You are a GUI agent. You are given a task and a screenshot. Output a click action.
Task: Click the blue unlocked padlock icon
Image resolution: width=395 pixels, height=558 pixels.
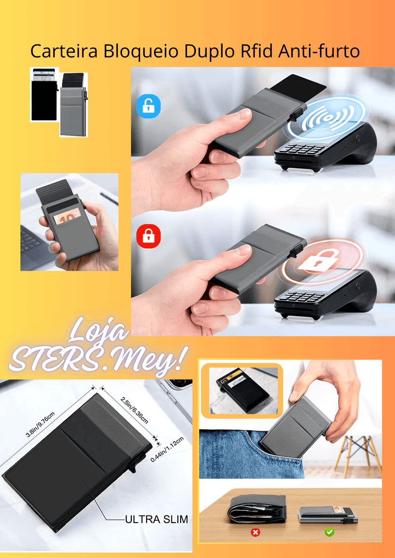tap(148, 106)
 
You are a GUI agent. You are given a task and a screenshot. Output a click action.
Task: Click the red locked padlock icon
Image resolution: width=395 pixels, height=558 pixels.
tap(148, 236)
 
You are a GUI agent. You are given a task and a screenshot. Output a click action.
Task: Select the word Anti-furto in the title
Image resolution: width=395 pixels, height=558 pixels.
tap(319, 51)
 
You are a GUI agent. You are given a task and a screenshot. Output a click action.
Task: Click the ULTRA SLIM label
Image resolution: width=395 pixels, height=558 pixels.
tap(157, 519)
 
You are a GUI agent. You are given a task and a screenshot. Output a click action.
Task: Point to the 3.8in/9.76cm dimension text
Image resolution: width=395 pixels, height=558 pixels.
tap(40, 424)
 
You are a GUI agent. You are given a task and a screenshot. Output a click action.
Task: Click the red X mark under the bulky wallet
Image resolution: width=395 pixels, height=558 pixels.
tap(255, 532)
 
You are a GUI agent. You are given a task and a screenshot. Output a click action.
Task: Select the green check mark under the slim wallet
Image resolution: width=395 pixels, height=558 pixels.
tap(329, 532)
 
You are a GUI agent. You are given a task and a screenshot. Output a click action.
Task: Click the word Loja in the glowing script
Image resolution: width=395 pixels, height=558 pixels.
tap(99, 330)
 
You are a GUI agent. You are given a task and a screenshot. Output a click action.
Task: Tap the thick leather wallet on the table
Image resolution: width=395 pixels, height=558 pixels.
tap(257, 509)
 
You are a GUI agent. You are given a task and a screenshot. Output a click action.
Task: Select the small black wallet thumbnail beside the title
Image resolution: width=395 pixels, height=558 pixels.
tap(44, 94)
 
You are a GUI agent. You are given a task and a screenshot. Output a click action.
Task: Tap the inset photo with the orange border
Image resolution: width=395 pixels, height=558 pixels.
tap(242, 389)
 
